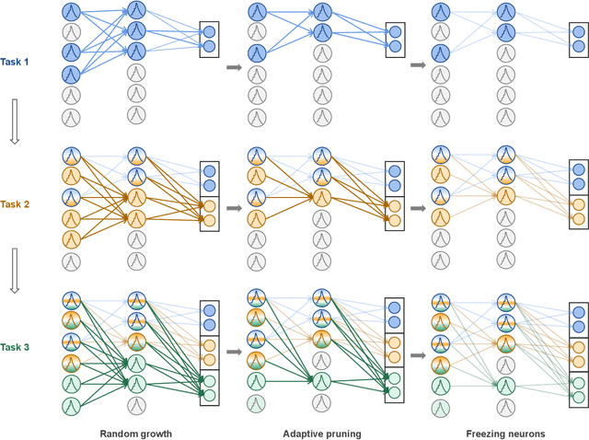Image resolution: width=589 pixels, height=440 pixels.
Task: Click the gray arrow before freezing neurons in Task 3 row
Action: (x=417, y=352)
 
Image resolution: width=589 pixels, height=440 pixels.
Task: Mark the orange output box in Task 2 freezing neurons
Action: (x=577, y=210)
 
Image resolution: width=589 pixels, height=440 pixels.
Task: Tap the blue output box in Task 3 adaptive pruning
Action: (x=393, y=315)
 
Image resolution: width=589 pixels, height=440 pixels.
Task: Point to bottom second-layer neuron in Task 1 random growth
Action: (x=136, y=114)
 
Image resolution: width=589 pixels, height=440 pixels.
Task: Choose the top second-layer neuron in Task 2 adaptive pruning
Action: (x=320, y=155)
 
